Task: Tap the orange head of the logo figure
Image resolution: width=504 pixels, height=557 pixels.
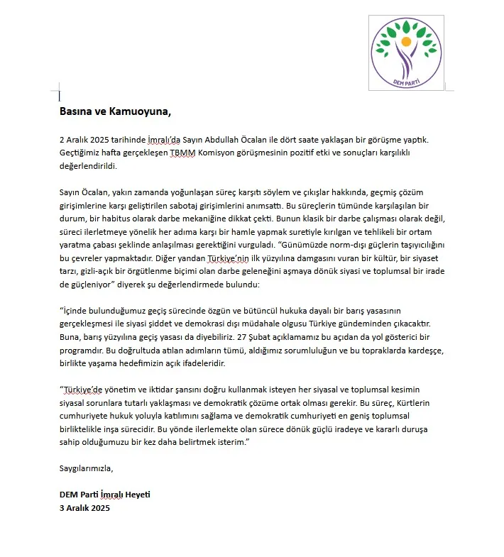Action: click(406, 42)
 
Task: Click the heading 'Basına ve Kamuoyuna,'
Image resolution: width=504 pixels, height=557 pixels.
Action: click(115, 111)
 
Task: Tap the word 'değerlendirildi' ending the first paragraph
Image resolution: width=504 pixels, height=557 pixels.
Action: click(87, 165)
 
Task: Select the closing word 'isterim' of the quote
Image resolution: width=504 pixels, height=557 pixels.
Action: click(232, 442)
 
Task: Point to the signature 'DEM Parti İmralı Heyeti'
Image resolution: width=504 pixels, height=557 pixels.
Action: click(105, 495)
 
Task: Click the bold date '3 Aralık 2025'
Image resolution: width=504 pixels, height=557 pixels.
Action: click(85, 507)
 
